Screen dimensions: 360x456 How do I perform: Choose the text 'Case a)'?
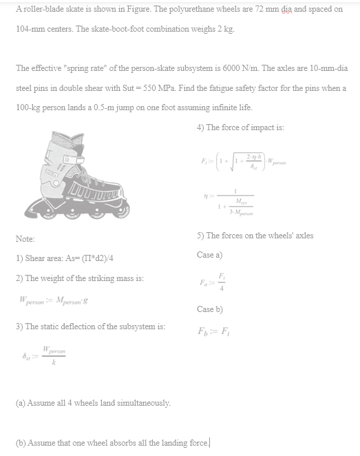pyautogui.click(x=210, y=255)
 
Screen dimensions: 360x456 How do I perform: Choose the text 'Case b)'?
pyautogui.click(x=210, y=309)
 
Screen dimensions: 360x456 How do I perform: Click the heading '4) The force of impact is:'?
pyautogui.click(x=240, y=127)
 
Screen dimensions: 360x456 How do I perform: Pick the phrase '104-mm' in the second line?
pyautogui.click(x=28, y=29)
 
